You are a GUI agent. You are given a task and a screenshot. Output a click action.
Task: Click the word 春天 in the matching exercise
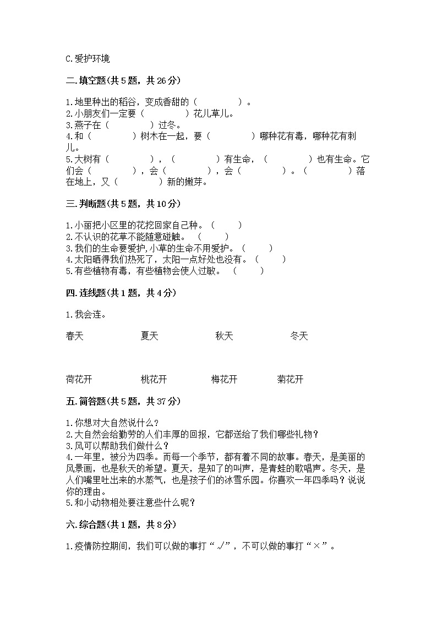[74, 336]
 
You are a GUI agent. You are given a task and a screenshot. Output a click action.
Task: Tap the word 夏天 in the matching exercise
[149, 336]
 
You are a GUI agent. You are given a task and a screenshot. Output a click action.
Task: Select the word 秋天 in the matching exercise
[225, 336]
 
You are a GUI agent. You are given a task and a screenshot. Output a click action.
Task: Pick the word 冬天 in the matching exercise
[299, 336]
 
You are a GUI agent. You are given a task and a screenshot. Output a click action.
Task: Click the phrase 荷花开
[79, 379]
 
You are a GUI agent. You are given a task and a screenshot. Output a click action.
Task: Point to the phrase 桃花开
[154, 379]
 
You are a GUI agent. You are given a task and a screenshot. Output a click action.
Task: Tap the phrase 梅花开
[225, 379]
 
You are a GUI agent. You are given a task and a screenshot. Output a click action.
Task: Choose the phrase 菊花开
[291, 379]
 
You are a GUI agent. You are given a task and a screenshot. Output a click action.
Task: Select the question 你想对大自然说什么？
[112, 423]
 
